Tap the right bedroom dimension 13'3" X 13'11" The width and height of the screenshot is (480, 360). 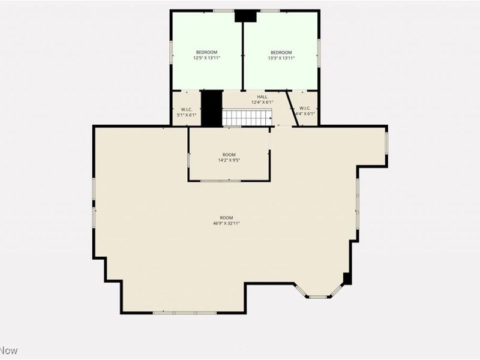click(x=280, y=58)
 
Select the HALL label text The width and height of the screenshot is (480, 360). click(x=262, y=97)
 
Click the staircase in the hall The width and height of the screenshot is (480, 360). click(x=248, y=118)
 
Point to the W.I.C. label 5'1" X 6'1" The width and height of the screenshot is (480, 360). click(x=186, y=114)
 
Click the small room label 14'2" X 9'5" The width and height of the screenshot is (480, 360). click(x=229, y=160)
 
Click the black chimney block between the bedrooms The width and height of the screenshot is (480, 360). click(x=245, y=16)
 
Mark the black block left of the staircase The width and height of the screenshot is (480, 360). click(x=211, y=108)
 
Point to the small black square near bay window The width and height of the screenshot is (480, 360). click(x=347, y=278)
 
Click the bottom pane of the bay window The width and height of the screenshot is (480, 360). click(x=319, y=296)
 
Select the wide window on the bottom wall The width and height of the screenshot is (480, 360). click(x=184, y=313)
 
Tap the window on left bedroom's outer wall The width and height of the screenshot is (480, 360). click(x=171, y=52)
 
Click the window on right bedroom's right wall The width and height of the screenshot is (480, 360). click(x=319, y=53)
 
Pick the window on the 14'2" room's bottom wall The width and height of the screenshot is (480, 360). click(x=220, y=181)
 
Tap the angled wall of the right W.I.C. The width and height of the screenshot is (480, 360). click(x=292, y=108)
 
